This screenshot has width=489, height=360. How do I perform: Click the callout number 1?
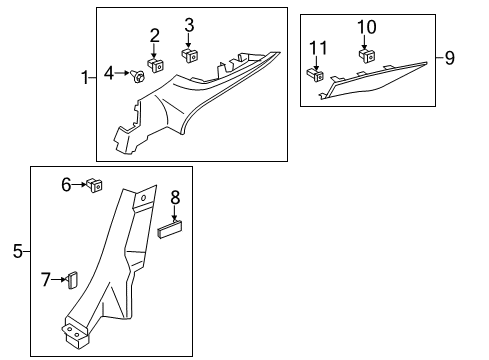86,75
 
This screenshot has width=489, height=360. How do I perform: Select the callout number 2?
155,37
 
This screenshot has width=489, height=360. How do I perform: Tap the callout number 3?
188,25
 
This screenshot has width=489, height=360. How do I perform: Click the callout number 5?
17,252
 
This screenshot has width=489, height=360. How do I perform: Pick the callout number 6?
67,184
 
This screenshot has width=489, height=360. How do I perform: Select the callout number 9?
449,58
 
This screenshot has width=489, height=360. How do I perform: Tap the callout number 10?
366,26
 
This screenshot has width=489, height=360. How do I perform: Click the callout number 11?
318,47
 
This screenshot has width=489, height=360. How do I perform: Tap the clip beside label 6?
96,184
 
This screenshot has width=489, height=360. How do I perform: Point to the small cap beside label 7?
72,278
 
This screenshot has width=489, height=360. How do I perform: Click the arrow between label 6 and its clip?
80,184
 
